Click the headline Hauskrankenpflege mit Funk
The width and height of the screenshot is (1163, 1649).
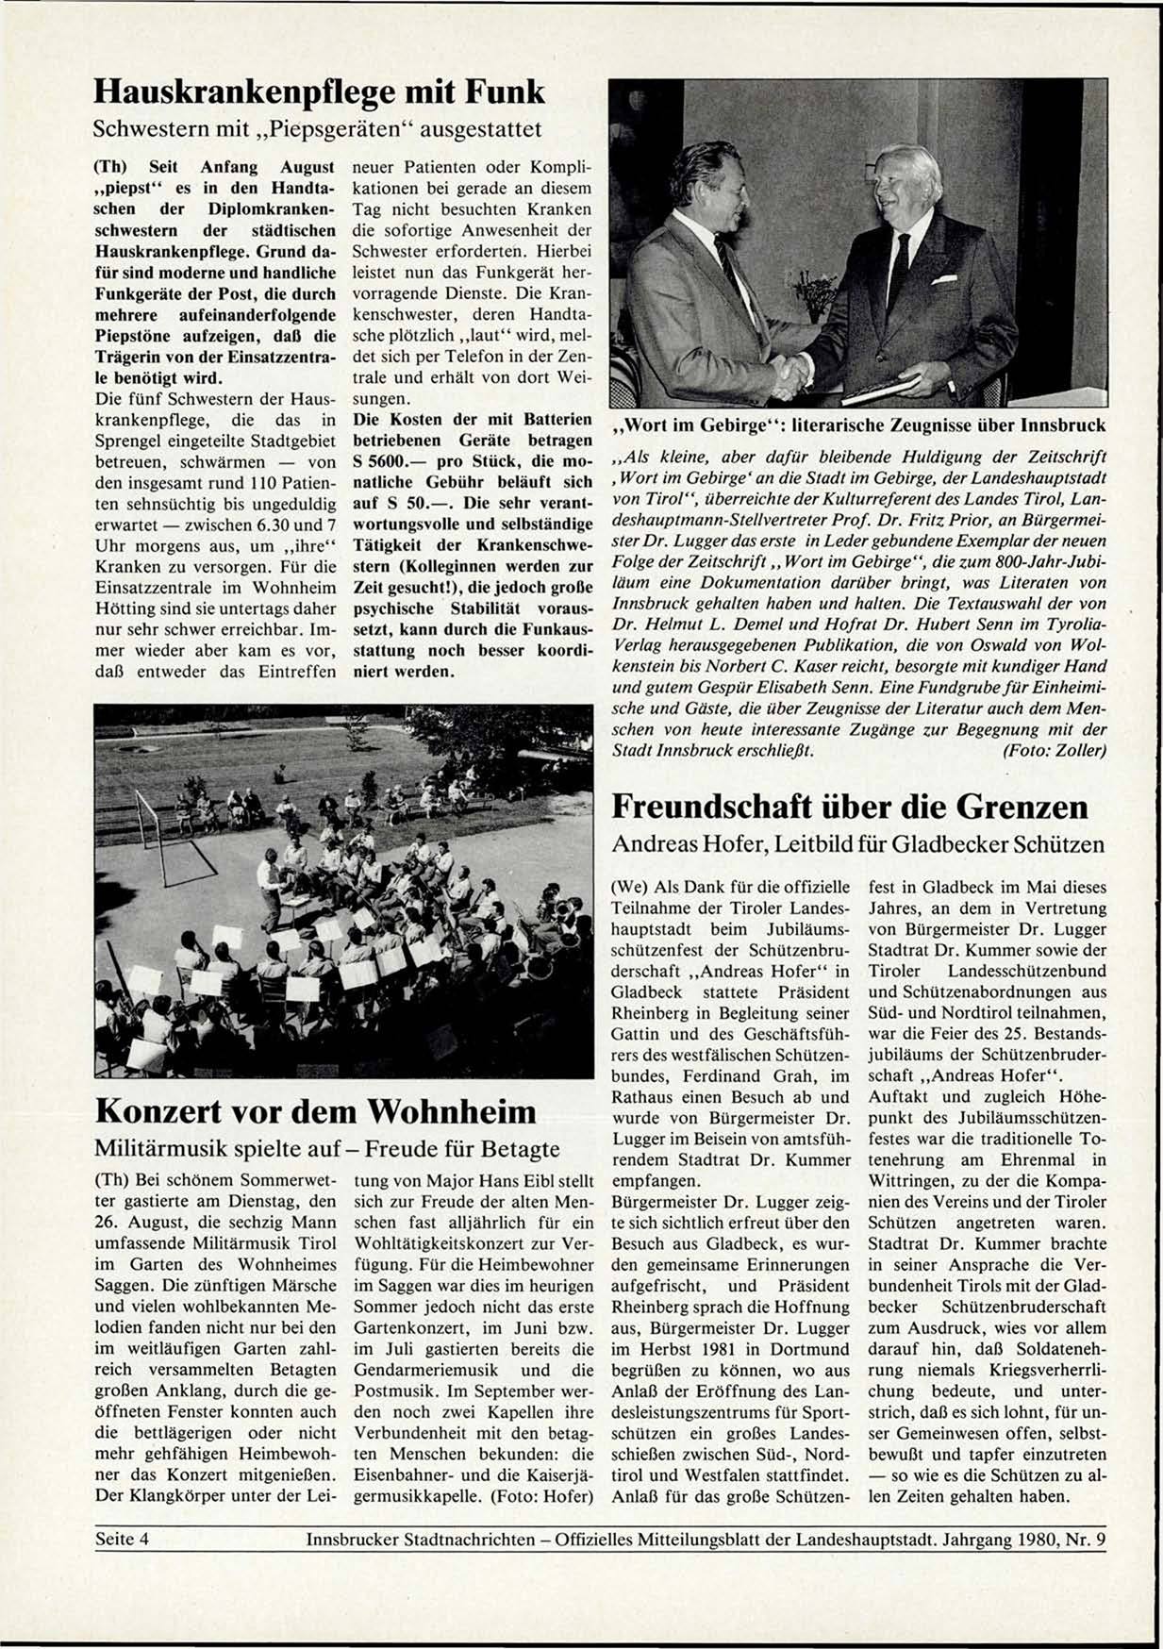point(320,92)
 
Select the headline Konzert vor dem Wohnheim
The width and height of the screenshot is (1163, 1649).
point(316,1111)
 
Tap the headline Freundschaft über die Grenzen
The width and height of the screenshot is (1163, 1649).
point(850,808)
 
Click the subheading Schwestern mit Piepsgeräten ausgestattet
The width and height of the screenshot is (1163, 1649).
point(318,127)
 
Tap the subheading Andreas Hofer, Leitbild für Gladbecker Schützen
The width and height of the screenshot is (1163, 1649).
point(857,844)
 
